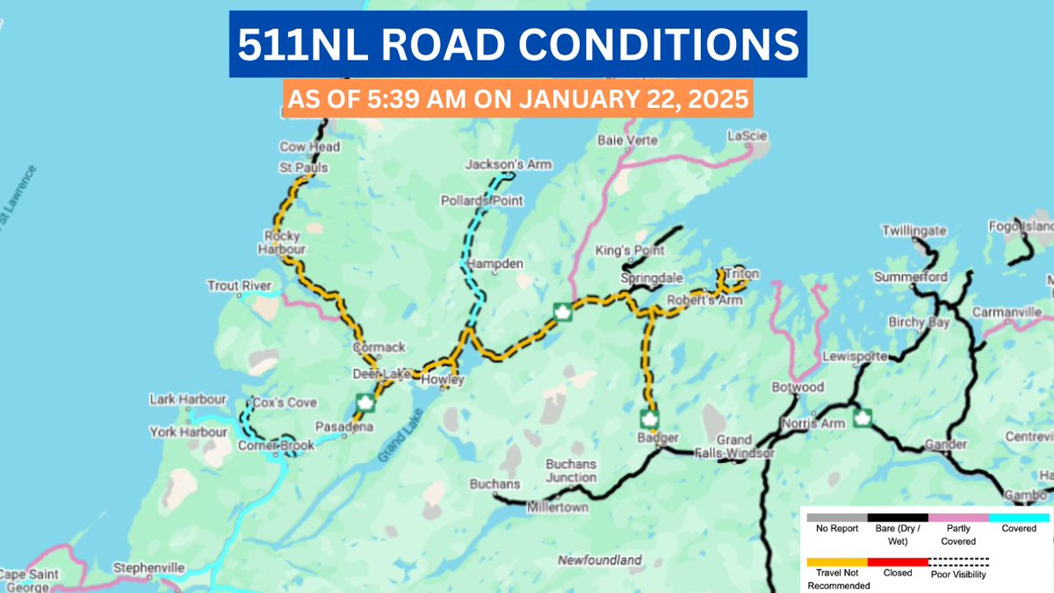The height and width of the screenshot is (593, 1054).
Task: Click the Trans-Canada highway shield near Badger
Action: [649, 416]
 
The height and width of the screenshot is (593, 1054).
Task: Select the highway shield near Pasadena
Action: [365, 403]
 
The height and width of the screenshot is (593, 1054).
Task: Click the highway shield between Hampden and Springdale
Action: [560, 313]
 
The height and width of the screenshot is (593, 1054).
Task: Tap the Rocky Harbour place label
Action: [283, 242]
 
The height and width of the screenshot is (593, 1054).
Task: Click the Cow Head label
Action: [309, 147]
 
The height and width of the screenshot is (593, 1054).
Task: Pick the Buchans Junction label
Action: [571, 471]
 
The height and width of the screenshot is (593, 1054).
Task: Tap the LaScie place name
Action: [747, 135]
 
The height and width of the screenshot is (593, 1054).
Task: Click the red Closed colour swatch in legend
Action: [898, 561]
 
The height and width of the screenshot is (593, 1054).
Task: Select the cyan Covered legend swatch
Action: [1019, 517]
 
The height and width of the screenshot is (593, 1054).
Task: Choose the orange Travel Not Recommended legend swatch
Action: [837, 561]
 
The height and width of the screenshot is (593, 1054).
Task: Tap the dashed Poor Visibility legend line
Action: [959, 561]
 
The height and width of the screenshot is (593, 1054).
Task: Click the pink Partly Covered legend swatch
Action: [958, 517]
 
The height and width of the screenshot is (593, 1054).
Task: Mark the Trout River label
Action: [234, 286]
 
